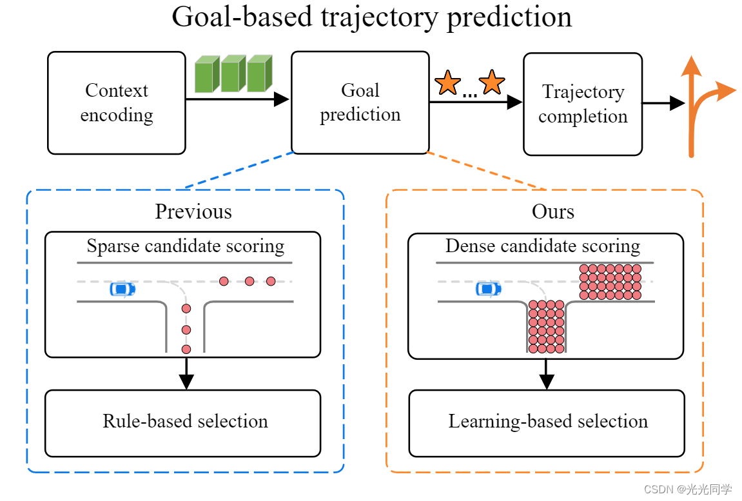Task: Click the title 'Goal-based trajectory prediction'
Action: tap(371, 17)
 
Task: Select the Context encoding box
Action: tap(117, 103)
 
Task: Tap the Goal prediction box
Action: tap(360, 103)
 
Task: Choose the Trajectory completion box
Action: tap(583, 104)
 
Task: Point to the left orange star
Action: tap(447, 83)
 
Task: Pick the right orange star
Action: tap(492, 83)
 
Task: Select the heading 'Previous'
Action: tap(193, 211)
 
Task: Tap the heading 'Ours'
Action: tap(552, 211)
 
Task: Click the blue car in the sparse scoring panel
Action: tap(122, 289)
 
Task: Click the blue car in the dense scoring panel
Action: tap(488, 289)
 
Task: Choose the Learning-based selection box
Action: tap(547, 422)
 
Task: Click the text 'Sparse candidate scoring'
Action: tap(185, 246)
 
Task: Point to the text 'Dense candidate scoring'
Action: tap(542, 246)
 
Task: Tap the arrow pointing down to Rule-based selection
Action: tap(186, 373)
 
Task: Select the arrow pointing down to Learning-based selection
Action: tap(547, 373)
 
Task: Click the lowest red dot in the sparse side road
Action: tap(186, 349)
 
